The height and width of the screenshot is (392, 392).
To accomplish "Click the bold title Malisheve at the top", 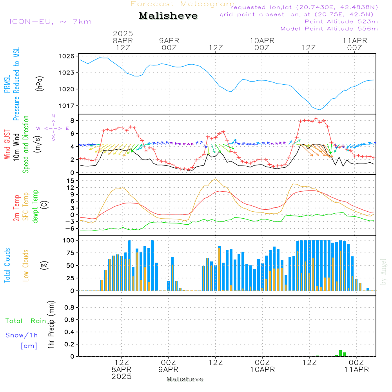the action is coord(168,16).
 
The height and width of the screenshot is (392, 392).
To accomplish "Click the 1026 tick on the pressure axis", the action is coord(67,56).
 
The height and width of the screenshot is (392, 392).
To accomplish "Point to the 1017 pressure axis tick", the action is coord(67,106).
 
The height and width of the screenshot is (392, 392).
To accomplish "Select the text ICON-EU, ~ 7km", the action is coord(51,22).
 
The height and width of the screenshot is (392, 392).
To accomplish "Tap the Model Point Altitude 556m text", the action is coord(329,29).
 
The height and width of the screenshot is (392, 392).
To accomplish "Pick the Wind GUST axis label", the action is coord(7,145).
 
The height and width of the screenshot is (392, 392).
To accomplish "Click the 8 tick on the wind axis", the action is coord(73,120).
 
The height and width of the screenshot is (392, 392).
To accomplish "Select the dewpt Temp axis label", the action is coord(35,206).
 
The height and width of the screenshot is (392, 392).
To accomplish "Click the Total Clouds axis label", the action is coord(7,265).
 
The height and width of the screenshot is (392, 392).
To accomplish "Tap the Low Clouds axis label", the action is coord(26,265).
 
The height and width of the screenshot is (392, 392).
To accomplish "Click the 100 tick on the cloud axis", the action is coord(69,240).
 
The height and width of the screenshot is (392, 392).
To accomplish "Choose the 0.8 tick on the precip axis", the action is coord(69,307).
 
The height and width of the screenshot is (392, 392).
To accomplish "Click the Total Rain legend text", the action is coord(26,321).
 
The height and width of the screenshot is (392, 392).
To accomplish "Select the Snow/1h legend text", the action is coord(22,335).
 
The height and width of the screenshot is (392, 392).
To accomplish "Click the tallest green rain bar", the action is coord(340,353).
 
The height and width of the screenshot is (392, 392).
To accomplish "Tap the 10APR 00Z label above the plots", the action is coord(262,44).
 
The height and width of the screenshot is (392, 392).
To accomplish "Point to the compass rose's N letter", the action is coord(53,116).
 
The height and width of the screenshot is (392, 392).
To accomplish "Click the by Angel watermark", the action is coord(383,272).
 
